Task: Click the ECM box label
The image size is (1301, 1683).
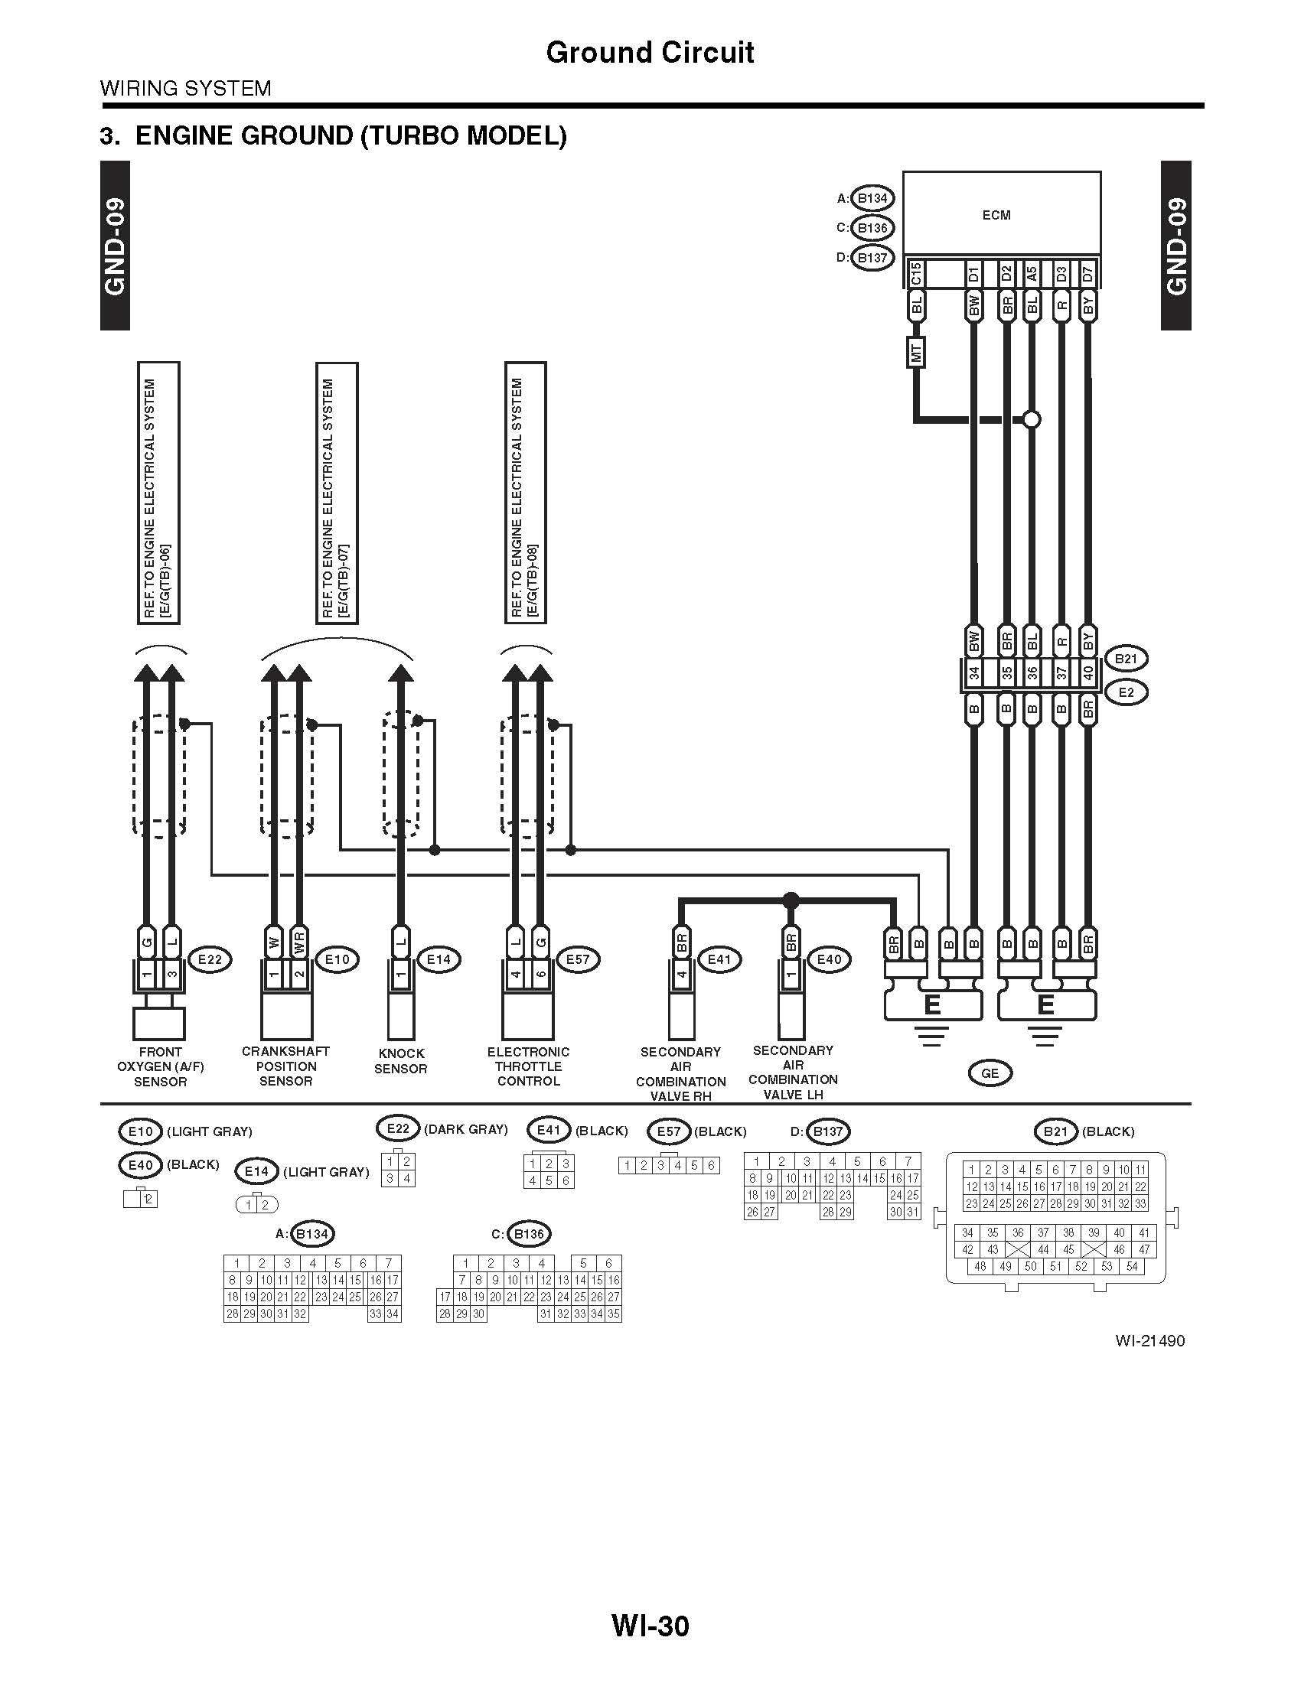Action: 996,215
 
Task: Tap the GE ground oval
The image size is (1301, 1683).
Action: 990,1073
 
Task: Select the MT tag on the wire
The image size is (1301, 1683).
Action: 916,353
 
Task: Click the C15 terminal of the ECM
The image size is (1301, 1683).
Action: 915,274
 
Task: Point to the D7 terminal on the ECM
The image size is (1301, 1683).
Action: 1087,274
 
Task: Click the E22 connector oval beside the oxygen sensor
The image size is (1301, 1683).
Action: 210,959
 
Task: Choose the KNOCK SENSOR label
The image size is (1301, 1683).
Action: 401,1061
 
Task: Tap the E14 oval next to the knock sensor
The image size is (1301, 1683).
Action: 439,959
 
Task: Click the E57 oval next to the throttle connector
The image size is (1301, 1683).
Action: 577,959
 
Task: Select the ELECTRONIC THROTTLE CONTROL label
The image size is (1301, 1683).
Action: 528,1066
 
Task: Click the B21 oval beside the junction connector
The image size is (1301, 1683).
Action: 1125,659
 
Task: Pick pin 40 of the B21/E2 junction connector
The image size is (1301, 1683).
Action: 1087,673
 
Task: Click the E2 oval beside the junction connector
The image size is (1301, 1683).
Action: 1125,692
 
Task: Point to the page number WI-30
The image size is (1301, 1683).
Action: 650,1626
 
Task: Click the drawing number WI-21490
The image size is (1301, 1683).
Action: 1149,1341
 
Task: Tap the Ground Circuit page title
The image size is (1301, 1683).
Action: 650,52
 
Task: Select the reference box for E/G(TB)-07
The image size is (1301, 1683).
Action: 337,493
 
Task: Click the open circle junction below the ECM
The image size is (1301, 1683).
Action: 1032,420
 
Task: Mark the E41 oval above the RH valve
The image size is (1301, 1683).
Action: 719,959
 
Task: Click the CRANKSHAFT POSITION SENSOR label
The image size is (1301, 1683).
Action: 285,1066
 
